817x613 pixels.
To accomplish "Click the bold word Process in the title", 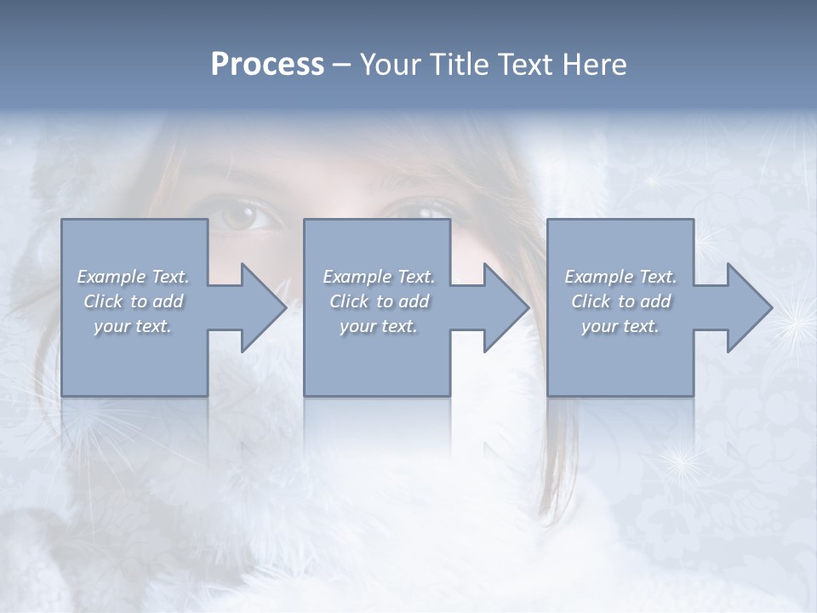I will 267,65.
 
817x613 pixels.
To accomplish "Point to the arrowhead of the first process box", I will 263,307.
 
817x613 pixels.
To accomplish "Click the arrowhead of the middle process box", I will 506,307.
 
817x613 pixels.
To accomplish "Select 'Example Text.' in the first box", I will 133,277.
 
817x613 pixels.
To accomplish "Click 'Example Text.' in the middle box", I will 379,277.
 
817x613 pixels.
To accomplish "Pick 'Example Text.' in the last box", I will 620,277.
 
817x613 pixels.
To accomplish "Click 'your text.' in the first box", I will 133,326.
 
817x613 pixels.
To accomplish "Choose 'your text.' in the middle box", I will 379,326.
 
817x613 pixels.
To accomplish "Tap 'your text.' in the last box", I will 620,326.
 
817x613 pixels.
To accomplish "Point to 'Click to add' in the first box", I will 133,301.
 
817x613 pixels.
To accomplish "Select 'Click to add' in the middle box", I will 379,301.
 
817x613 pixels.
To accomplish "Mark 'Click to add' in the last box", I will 620,301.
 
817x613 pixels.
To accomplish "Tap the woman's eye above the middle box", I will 423,210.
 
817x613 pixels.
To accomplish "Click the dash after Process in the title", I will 341,66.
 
